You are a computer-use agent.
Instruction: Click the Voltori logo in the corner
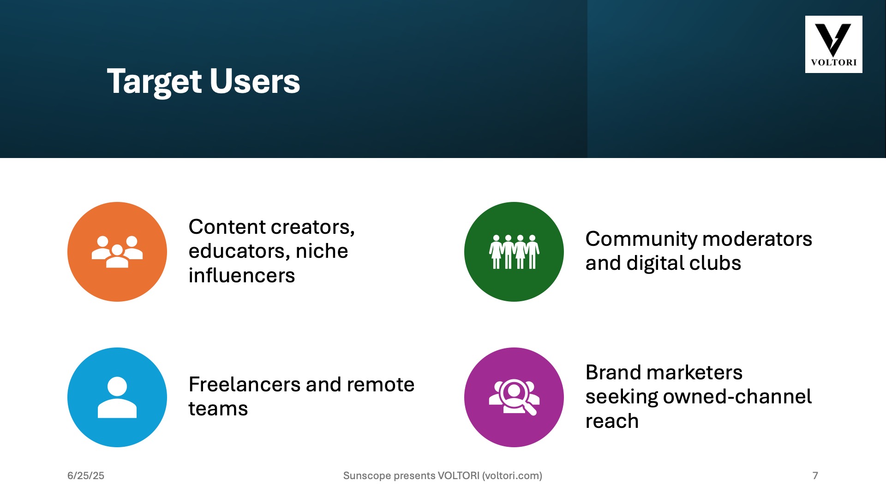[x=833, y=44]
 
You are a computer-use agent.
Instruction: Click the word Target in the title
[x=155, y=82]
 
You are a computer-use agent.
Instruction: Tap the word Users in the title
[x=255, y=81]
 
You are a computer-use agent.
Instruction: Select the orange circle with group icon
[x=117, y=252]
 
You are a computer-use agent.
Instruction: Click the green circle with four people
[x=514, y=252]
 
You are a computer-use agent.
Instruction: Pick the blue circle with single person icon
[x=117, y=397]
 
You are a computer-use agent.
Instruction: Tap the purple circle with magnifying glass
[x=514, y=397]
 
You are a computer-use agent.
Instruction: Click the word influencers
[x=242, y=275]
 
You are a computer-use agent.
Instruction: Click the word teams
[x=218, y=409]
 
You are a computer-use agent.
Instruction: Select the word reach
[x=612, y=421]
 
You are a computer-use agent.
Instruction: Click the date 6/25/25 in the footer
[x=86, y=476]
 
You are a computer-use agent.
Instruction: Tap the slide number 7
[x=815, y=476]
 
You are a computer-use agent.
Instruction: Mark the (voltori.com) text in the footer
[x=512, y=476]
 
